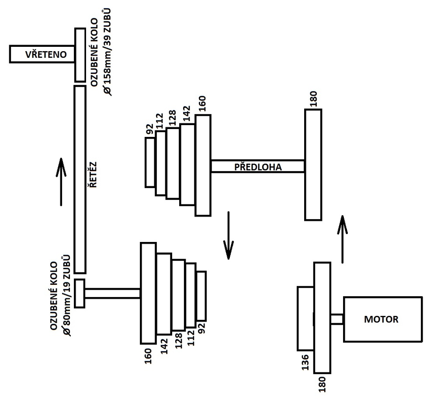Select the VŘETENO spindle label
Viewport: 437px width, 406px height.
point(42,55)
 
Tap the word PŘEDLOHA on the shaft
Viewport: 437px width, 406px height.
point(257,167)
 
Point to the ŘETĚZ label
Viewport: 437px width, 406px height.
point(93,175)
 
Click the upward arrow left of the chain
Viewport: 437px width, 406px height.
point(61,182)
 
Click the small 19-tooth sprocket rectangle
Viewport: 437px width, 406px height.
point(80,293)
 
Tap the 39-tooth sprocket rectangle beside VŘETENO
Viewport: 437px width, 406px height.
point(80,55)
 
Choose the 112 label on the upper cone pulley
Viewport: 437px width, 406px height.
point(160,122)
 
